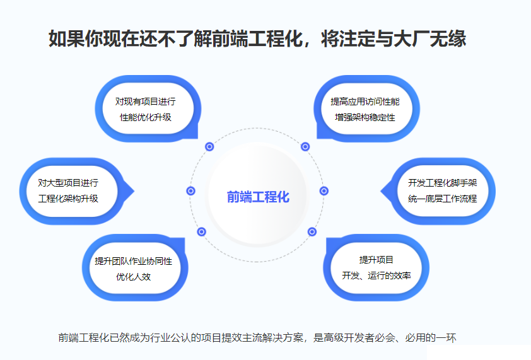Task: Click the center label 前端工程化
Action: click(x=258, y=197)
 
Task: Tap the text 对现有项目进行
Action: click(x=145, y=101)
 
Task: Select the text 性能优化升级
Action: click(x=145, y=117)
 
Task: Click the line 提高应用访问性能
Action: click(x=365, y=101)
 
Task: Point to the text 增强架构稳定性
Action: click(x=365, y=117)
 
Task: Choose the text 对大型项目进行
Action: click(x=68, y=182)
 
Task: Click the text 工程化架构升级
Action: click(x=68, y=199)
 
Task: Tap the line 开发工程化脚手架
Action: click(x=442, y=182)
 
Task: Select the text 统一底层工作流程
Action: click(x=442, y=199)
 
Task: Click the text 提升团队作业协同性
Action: click(x=133, y=260)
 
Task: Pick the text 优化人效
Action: click(x=133, y=277)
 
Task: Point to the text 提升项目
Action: click(x=376, y=259)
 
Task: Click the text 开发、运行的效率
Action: click(x=376, y=276)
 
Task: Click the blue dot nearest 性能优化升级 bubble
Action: click(x=210, y=146)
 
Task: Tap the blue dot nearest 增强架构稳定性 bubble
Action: click(x=305, y=146)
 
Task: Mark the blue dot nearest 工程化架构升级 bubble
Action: click(x=191, y=190)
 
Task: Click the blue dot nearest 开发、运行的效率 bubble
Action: click(x=312, y=231)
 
